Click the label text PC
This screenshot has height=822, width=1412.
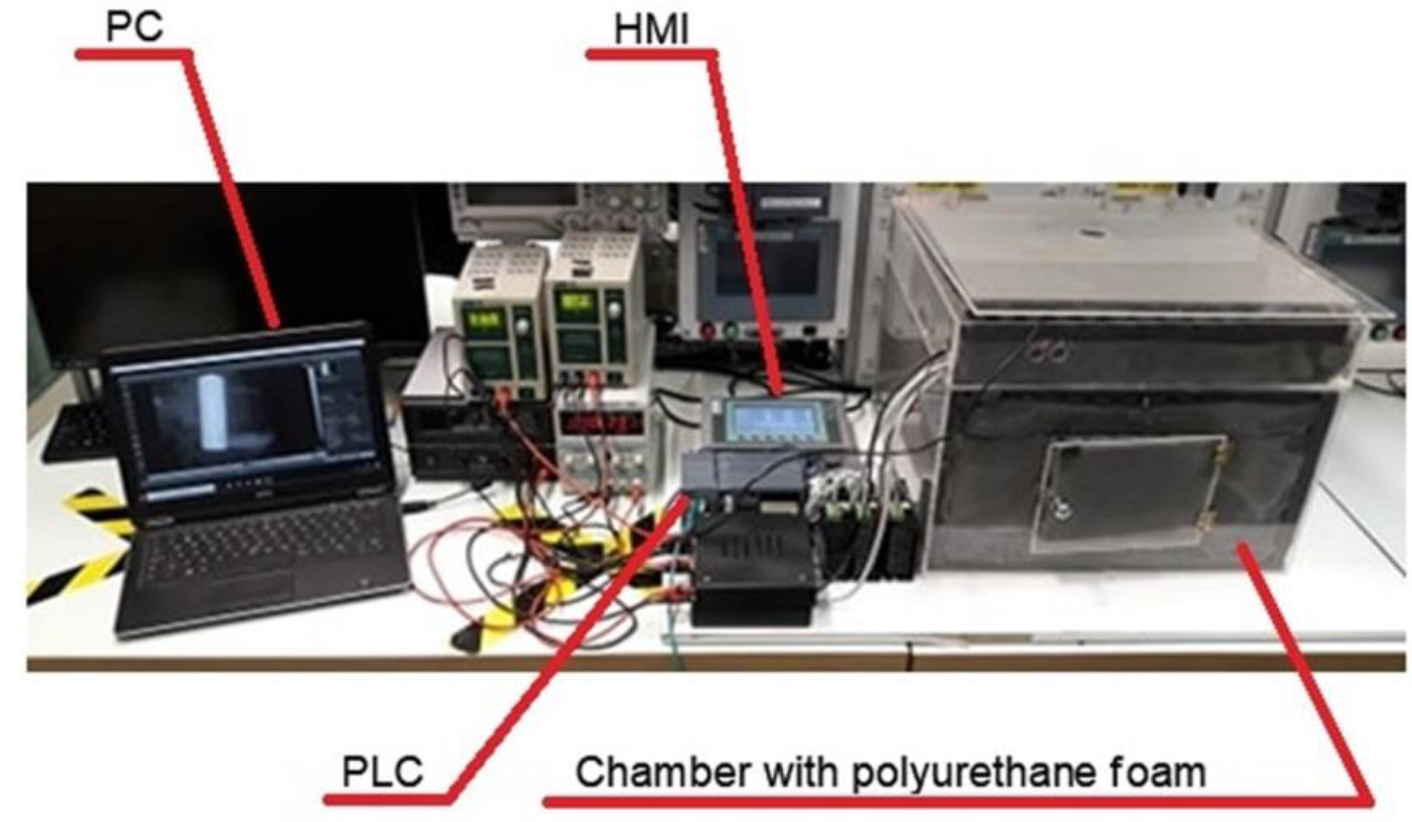click(134, 26)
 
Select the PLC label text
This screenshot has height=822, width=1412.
click(382, 771)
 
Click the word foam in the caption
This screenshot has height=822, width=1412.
click(1161, 772)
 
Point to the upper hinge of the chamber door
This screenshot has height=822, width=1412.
click(1220, 449)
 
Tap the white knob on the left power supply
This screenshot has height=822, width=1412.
click(523, 325)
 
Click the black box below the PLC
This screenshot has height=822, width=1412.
click(753, 571)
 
